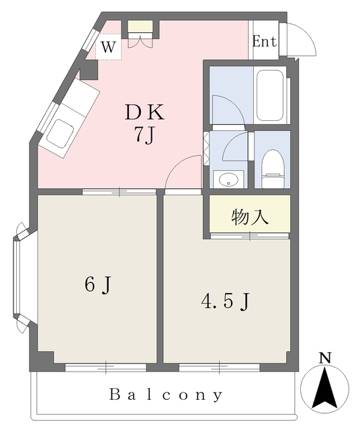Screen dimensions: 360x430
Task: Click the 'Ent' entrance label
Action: (x=265, y=42)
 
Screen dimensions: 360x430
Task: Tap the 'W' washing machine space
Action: (x=108, y=47)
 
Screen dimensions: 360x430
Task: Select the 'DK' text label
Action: (x=144, y=112)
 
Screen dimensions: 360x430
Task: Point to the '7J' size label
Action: (x=144, y=136)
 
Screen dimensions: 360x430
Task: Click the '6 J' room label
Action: (x=98, y=285)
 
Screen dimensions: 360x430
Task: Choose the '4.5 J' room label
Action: (x=226, y=302)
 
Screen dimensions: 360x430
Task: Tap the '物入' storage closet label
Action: (x=249, y=217)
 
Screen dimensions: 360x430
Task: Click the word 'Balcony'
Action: (x=166, y=395)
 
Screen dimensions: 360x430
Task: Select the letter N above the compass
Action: (x=325, y=358)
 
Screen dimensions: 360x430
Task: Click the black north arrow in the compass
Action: (x=325, y=390)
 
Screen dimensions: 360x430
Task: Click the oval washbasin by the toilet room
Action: (x=228, y=180)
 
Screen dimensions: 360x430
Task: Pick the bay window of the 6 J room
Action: (x=17, y=277)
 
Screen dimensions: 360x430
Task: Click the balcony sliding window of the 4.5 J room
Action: (x=220, y=367)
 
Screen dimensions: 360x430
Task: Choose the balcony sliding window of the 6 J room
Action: (x=106, y=367)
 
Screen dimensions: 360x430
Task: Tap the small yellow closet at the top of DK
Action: (x=140, y=26)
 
